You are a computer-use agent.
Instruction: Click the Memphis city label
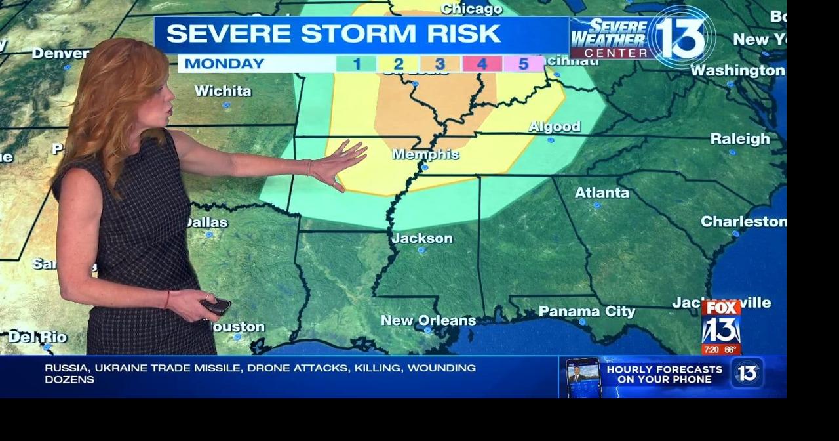[425, 154]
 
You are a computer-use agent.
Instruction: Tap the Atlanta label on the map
[602, 192]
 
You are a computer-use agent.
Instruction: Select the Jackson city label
[422, 238]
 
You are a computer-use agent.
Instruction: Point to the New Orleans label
[428, 320]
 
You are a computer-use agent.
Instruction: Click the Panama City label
[587, 312]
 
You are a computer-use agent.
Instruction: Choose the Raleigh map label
[740, 138]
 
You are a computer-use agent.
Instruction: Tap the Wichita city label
[223, 91]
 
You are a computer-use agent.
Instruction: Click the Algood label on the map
[555, 127]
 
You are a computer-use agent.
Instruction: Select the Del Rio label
[37, 337]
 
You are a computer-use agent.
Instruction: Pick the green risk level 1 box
[356, 64]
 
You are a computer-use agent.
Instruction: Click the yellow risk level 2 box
[398, 64]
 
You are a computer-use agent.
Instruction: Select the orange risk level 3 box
[440, 64]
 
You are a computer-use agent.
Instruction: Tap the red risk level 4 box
[482, 64]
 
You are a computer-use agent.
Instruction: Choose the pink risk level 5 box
[523, 64]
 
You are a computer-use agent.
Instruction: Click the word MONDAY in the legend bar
[224, 64]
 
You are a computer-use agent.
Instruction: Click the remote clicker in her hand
[216, 305]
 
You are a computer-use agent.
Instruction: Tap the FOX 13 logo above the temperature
[721, 322]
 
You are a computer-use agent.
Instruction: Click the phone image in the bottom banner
[583, 378]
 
